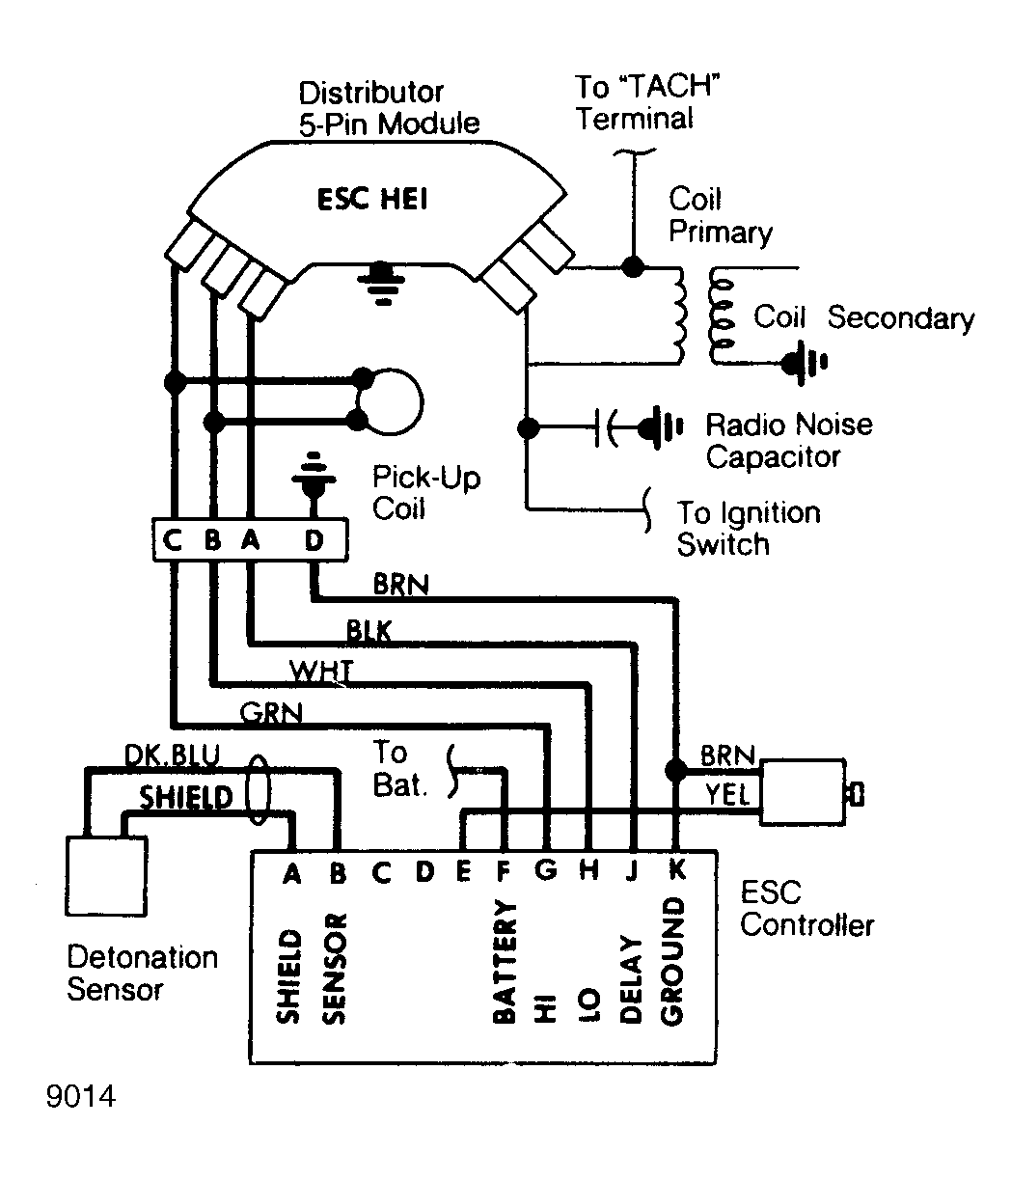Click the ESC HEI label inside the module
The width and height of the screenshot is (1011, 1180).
372,202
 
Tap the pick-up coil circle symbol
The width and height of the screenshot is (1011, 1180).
389,399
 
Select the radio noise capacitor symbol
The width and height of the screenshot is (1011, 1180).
611,425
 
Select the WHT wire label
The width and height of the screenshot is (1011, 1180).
321,669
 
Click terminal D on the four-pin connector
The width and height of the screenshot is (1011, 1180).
314,541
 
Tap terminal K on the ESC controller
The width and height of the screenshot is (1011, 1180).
675,869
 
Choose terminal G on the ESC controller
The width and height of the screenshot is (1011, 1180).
545,870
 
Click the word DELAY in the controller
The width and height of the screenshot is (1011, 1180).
632,979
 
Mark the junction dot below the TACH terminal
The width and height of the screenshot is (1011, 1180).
633,264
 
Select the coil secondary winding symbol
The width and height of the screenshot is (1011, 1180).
718,315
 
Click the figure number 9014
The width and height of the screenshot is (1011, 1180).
80,1097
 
